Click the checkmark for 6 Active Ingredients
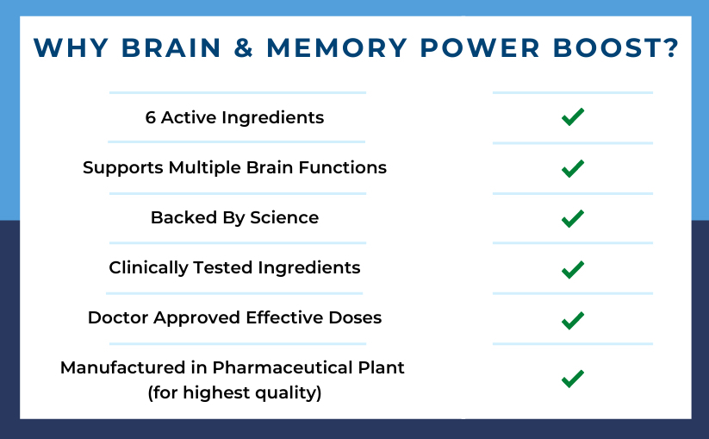click(x=572, y=117)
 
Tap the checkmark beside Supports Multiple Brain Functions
click(x=572, y=168)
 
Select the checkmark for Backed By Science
click(x=572, y=219)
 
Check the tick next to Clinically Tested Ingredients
click(x=572, y=269)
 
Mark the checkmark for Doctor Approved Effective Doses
click(x=572, y=320)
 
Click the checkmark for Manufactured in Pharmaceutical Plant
click(x=572, y=379)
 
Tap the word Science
click(x=284, y=218)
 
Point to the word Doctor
click(x=117, y=318)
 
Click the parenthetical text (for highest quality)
click(x=234, y=394)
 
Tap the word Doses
click(x=355, y=318)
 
